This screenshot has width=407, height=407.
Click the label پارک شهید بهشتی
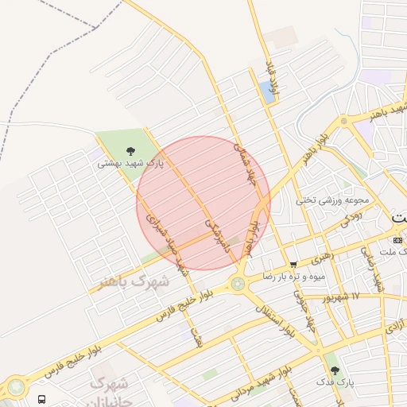click(130, 163)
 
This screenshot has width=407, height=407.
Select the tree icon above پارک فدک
click(334, 370)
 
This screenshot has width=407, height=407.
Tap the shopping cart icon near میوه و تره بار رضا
click(293, 264)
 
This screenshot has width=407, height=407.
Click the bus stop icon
click(41, 398)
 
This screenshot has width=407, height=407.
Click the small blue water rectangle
click(265, 92)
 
